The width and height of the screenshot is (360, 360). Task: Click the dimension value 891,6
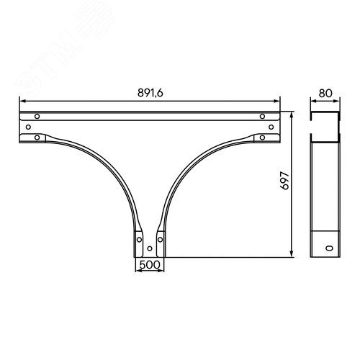point(150,93)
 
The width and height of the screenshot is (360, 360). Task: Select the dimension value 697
point(285,181)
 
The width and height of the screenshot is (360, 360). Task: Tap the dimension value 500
point(150,265)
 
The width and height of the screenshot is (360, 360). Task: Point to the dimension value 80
point(325,94)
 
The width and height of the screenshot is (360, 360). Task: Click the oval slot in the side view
point(330,248)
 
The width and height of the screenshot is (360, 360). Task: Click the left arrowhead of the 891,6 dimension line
point(23,102)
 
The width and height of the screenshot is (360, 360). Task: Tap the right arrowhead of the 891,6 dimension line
point(276,102)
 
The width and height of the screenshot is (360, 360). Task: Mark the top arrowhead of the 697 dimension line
point(292,115)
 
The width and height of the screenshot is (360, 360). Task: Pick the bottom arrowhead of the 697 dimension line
point(292,253)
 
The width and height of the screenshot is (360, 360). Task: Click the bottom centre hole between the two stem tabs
point(150,248)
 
